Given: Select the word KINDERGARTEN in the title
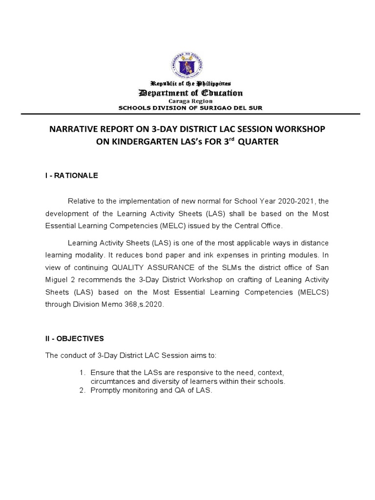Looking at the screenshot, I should click(114, 142).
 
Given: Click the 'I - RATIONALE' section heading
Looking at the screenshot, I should click(71, 176).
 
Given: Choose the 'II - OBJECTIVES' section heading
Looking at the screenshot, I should click(75, 338).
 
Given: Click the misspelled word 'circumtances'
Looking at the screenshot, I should click(112, 381).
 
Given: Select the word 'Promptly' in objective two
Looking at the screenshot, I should click(105, 391).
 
